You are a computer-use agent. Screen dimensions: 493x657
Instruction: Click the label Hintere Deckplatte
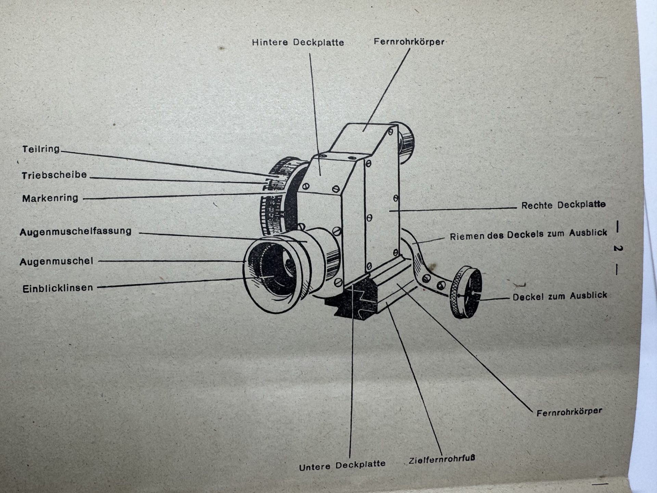pos(298,42)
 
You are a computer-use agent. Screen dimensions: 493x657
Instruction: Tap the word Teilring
pos(41,149)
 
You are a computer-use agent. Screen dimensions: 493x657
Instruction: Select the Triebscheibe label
pos(54,175)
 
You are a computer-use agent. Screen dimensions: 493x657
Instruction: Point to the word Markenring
pos(50,198)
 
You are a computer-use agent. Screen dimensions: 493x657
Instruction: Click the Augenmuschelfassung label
pos(75,232)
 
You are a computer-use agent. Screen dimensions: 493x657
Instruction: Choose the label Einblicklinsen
pos(57,288)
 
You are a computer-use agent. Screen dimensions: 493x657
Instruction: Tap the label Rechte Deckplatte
pos(563,205)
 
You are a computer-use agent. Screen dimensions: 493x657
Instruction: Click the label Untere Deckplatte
pos(342,466)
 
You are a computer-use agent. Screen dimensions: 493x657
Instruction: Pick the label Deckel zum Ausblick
pos(559,296)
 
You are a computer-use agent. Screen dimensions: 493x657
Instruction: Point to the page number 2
pos(617,249)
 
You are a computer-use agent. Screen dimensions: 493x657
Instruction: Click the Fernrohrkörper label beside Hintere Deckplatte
pos(409,42)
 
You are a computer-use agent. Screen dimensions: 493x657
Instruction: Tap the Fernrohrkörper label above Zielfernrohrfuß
pos(569,412)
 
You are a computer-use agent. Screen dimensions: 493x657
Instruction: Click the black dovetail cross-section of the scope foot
pos(352,301)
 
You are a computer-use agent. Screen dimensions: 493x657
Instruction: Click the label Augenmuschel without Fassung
pos(56,262)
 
